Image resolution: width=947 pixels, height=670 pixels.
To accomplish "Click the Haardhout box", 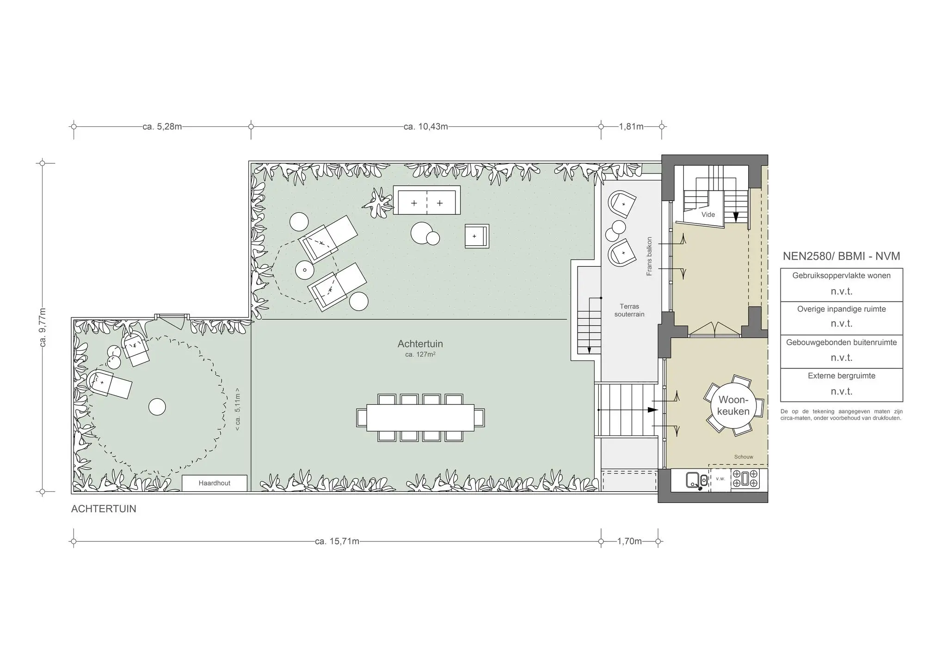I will [x=214, y=483].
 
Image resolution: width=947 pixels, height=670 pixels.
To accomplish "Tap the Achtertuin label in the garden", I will [x=420, y=344].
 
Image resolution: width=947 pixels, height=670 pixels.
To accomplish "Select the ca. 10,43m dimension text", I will [x=425, y=126].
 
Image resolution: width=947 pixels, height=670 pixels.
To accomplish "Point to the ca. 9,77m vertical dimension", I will [x=43, y=327].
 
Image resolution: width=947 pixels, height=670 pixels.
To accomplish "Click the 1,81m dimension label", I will [x=631, y=126].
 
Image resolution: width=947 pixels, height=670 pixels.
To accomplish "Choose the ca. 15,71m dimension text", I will [x=337, y=541].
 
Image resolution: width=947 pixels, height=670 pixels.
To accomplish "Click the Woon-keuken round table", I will [x=733, y=406].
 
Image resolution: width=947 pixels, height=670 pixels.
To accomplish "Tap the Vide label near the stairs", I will [x=708, y=215].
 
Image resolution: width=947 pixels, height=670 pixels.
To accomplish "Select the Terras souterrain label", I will [x=629, y=310].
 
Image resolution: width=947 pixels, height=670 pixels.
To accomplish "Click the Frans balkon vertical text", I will [x=649, y=257].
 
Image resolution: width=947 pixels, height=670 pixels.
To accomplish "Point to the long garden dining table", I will [x=420, y=418].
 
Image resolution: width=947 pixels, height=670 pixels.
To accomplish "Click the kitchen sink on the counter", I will [x=693, y=480].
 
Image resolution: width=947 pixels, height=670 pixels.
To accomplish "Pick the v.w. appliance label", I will [x=720, y=479].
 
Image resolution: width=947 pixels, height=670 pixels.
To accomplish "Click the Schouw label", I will [x=744, y=457].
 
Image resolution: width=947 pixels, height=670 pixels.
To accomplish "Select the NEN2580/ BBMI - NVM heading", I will [x=841, y=256].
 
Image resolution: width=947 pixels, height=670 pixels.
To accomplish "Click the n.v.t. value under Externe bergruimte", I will [x=841, y=391].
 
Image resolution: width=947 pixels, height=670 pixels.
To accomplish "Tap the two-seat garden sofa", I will [x=426, y=200].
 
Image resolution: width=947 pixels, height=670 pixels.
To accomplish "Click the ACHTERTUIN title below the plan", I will [x=104, y=509].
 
